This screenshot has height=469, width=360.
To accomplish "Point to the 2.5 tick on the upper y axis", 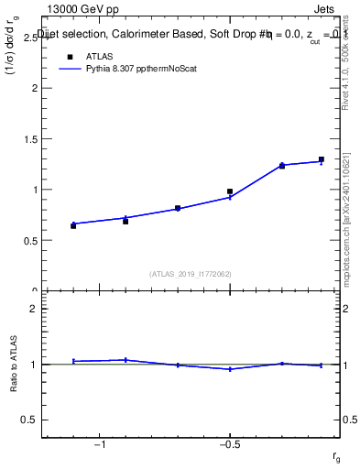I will point(29,38).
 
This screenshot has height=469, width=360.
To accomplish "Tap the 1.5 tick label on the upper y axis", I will point(29,139).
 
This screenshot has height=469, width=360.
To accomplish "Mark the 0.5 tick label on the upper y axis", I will point(29,241).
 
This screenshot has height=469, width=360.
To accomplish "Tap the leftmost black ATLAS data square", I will point(73,225).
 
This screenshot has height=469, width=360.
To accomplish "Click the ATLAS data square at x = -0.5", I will point(230,191).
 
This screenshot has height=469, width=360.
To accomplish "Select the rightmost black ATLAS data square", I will point(322,159).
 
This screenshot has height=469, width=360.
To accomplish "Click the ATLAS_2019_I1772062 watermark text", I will point(191,273).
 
